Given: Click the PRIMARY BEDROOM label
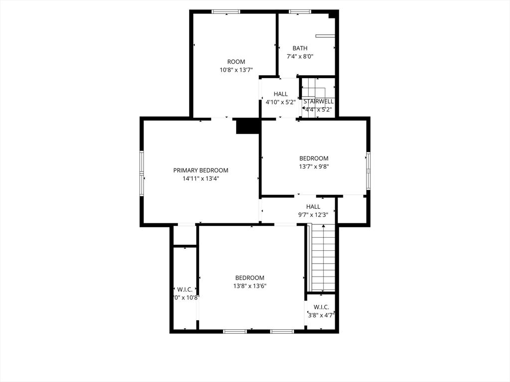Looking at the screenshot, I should pos(201,170).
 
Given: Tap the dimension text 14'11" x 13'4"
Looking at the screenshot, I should pos(201,178).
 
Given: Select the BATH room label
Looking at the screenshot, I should pos(300,48).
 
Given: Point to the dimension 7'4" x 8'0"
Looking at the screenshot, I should pos(300,57).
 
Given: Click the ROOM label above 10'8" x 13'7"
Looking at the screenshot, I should pos(236,62).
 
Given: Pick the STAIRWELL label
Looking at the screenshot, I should pos(318,101).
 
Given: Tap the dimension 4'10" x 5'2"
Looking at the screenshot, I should pos(280,102).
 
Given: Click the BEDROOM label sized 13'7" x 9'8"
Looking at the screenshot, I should pos(314,159).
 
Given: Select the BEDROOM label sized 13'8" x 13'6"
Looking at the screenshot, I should pos(250,278).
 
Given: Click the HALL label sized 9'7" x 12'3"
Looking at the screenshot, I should pos(313,206).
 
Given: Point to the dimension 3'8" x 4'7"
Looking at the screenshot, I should pos(321,315).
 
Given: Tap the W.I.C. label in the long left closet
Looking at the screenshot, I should pos(185,289).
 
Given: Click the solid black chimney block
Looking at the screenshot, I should pos(248,126).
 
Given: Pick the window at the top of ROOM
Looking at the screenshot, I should pos(226,11).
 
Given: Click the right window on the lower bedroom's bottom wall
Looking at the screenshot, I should pos(282,331).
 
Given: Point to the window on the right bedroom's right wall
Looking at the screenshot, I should pos(369,171).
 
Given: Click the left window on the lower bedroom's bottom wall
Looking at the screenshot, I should pos(235,331).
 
